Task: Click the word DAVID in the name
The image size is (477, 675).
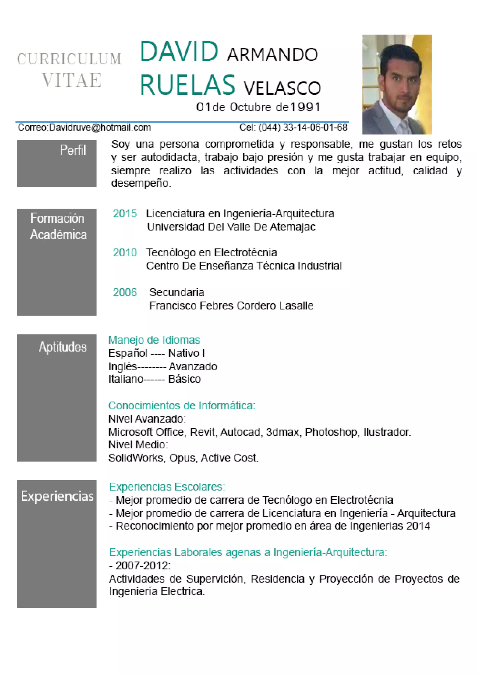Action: [x=179, y=52]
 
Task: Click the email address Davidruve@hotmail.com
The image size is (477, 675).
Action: [x=100, y=127]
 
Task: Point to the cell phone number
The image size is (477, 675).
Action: [x=303, y=127]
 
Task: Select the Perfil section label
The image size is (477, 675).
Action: [x=73, y=150]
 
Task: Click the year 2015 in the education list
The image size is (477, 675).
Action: [x=125, y=214]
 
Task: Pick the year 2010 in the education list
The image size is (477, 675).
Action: [x=125, y=252]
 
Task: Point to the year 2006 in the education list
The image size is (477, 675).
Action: [x=125, y=292]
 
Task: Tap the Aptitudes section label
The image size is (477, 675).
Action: [x=63, y=347]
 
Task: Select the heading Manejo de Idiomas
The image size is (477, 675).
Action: [x=154, y=340]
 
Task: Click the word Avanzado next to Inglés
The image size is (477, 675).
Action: [x=193, y=367]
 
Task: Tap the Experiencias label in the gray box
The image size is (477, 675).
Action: [x=57, y=496]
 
